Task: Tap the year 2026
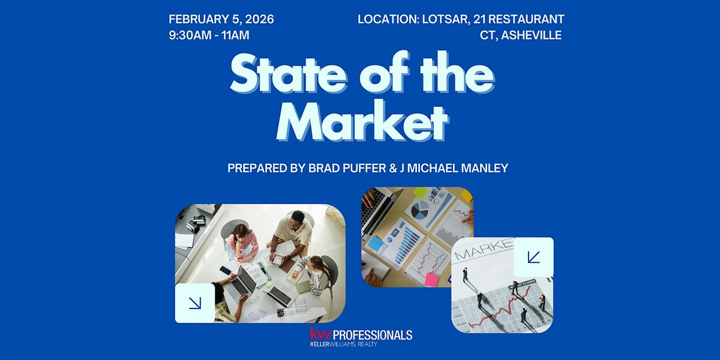tap(259, 19)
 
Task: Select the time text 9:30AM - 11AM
tap(209, 35)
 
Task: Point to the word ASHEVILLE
tap(532, 35)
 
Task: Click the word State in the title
tap(289, 73)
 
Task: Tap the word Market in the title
tap(362, 121)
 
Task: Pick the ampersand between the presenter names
tap(393, 168)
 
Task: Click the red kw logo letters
tap(320, 334)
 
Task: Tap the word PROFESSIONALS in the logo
tap(373, 335)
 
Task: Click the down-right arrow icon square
tap(195, 303)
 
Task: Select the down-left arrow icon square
tap(533, 257)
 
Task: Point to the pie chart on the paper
tap(420, 209)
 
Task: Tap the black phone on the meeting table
tap(226, 271)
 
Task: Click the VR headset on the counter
tap(196, 223)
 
